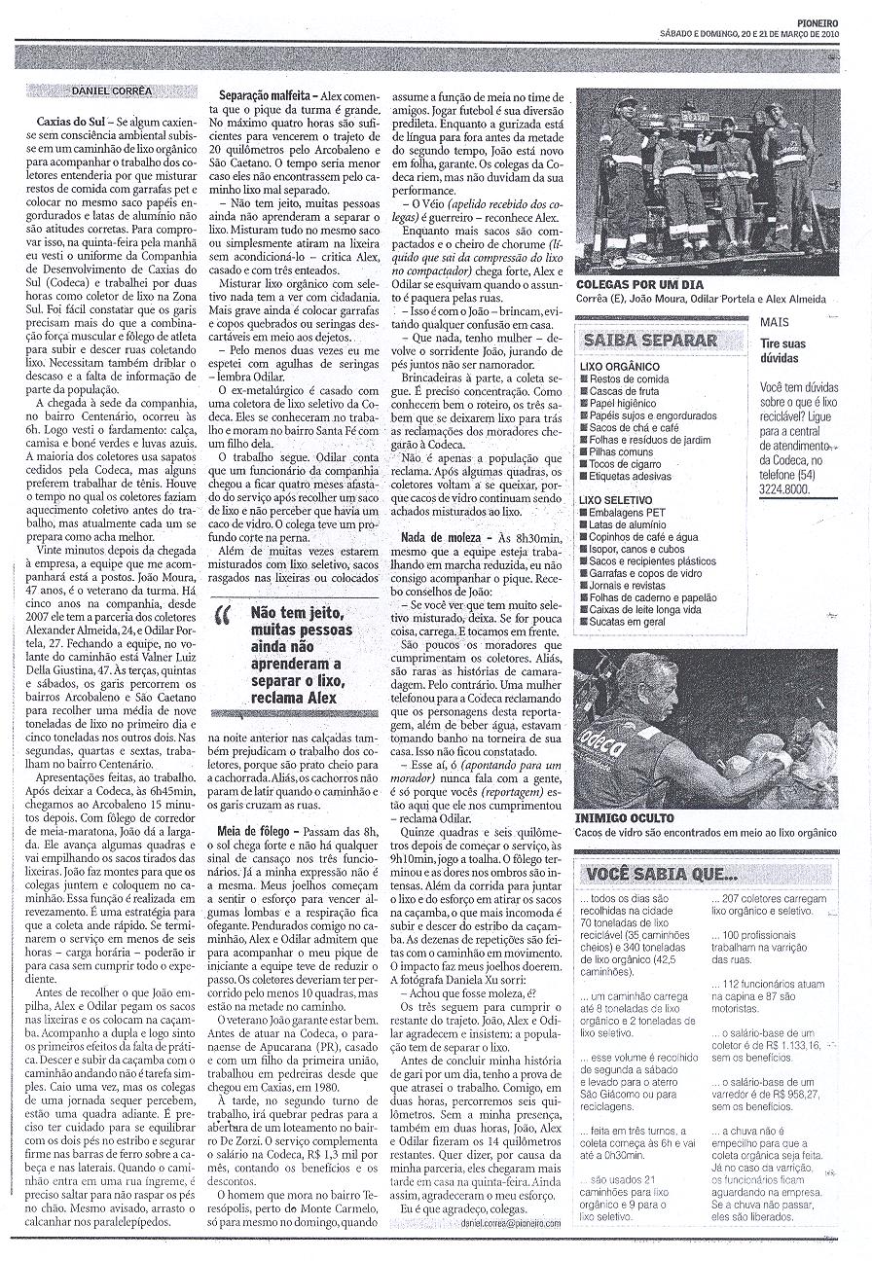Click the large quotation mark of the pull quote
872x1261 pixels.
tap(226, 619)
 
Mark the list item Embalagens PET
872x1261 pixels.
tap(627, 512)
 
